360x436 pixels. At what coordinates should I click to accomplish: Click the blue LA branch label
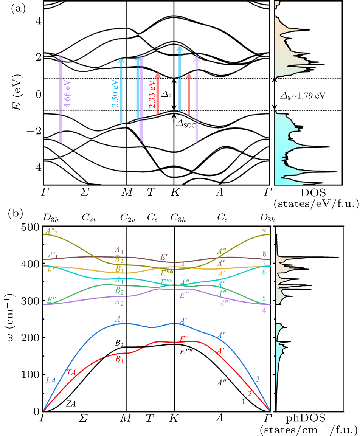pos(51,381)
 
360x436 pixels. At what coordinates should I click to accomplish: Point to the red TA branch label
pos(71,372)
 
